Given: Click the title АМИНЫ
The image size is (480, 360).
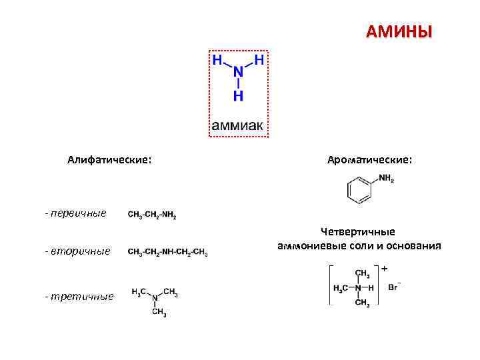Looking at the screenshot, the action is click(x=399, y=32).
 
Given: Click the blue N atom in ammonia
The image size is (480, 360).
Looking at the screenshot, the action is click(x=238, y=73).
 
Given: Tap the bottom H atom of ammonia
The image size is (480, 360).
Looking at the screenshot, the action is click(x=238, y=97).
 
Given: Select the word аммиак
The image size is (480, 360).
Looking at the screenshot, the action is click(x=238, y=125).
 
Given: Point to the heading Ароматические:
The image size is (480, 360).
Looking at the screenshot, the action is click(x=369, y=160).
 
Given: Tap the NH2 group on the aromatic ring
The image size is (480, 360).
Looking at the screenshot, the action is click(x=386, y=179).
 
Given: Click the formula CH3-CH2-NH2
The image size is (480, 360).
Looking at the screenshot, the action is click(x=152, y=215).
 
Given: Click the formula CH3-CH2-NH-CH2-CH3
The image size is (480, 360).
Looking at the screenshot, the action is click(x=167, y=252).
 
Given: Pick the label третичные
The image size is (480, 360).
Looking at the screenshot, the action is click(x=79, y=295).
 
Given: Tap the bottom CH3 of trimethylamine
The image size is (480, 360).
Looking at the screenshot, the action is click(x=159, y=312).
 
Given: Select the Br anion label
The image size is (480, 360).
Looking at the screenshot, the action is click(x=393, y=287).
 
